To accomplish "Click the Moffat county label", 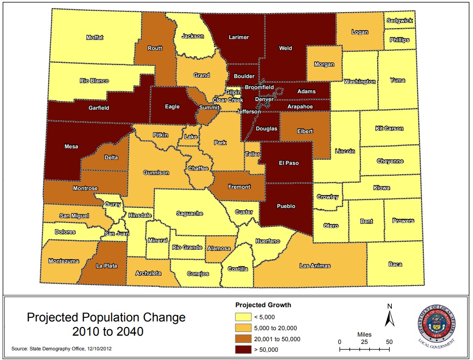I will click(95, 38).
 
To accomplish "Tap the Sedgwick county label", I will click(400, 21).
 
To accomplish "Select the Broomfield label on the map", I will click(259, 87).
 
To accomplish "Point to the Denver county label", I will click(264, 99).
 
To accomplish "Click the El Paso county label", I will click(289, 163).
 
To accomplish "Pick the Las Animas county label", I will click(315, 266).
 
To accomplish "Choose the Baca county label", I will click(395, 264).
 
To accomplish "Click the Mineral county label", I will click(157, 241).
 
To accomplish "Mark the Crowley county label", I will click(328, 197).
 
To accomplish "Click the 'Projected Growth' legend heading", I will click(263, 305).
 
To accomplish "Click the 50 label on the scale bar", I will click(390, 342).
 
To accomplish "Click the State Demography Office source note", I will click(61, 349).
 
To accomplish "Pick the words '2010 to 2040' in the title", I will click(106, 332).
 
